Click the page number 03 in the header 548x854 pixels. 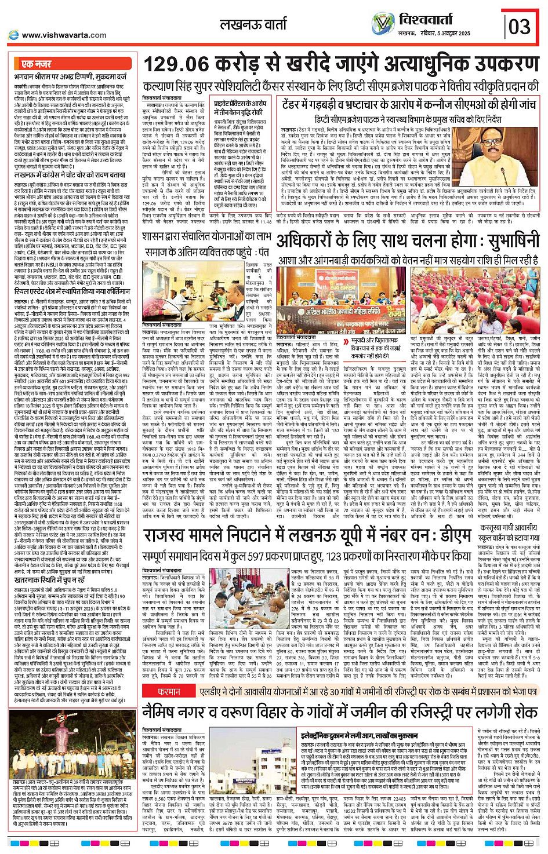[520, 26]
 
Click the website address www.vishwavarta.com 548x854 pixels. [64, 35]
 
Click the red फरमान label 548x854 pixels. [169, 692]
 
